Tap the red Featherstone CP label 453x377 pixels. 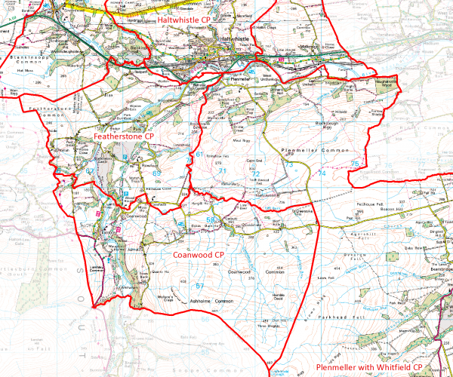(125, 135)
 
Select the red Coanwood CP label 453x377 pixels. (199, 255)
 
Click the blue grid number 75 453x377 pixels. (354, 164)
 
